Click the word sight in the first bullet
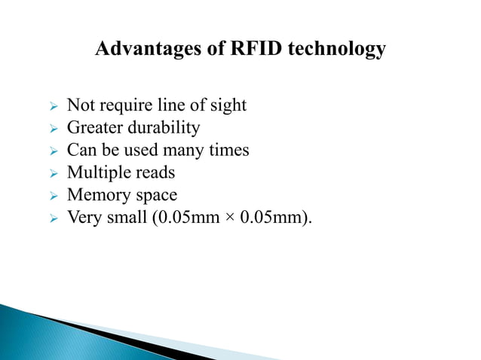[228, 105]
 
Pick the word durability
[163, 128]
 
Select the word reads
[155, 173]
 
